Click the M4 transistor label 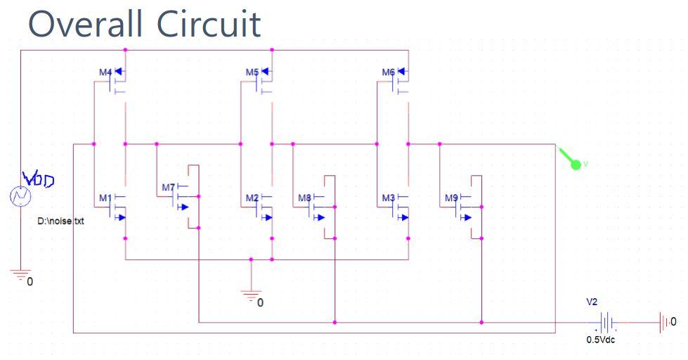105,72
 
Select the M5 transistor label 252,72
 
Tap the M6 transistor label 388,72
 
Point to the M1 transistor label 105,198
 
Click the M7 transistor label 168,188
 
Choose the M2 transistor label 252,198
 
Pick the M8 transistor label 304,198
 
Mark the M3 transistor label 388,198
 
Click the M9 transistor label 451,198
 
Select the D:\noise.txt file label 60,221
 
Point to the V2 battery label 592,302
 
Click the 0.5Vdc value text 601,340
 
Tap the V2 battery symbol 606,323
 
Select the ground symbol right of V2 664,323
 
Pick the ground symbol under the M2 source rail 251,295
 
